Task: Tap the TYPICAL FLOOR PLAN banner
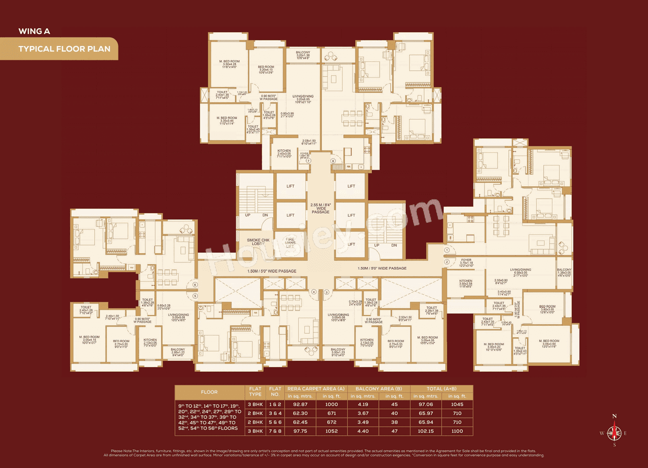pos(60,50)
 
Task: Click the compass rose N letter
pos(615,416)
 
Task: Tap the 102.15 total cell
pos(426,431)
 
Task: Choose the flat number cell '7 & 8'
pos(275,431)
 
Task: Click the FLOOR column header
pos(209,392)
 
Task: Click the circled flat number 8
pos(333,161)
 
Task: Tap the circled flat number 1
pos(447,250)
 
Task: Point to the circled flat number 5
pos(195,296)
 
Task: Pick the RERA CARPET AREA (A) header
pos(316,388)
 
